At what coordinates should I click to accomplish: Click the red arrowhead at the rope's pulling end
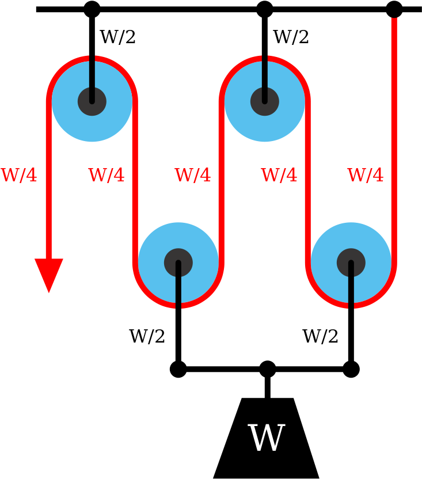(x=49, y=274)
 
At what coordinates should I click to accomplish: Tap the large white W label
(x=266, y=439)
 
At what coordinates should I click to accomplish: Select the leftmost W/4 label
(x=18, y=176)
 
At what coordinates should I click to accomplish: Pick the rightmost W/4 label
(x=366, y=176)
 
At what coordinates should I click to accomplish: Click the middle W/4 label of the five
(x=193, y=176)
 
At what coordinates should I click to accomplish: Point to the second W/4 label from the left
(x=107, y=176)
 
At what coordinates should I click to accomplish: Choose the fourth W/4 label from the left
(x=279, y=176)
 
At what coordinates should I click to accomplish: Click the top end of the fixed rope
(x=394, y=21)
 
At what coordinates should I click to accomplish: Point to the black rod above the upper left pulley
(x=92, y=72)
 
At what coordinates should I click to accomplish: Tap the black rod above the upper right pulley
(x=265, y=72)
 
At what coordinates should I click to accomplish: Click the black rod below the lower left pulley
(x=178, y=291)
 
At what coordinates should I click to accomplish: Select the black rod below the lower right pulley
(x=351, y=291)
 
